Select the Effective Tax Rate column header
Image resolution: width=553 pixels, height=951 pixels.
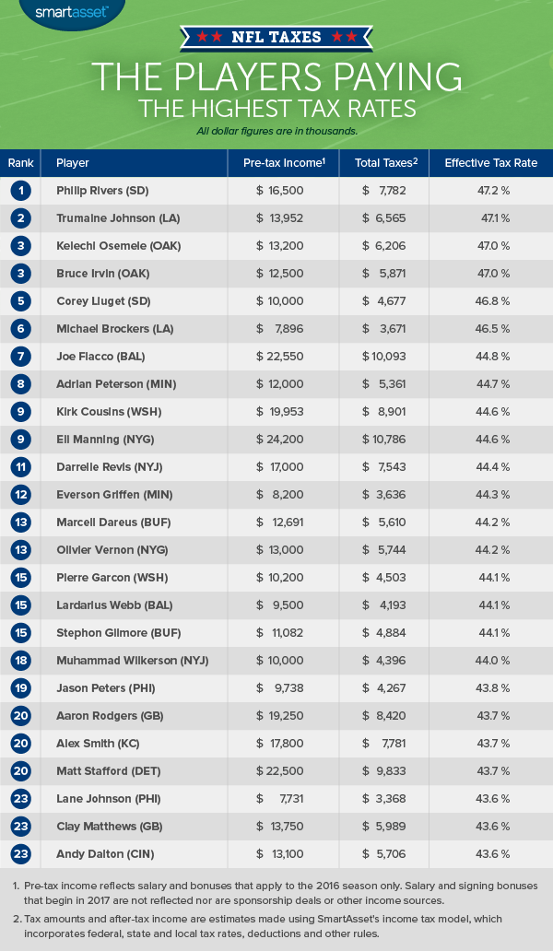490,163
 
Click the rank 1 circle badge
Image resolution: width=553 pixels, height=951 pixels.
21,191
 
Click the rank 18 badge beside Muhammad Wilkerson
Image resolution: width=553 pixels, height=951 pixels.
21,661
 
